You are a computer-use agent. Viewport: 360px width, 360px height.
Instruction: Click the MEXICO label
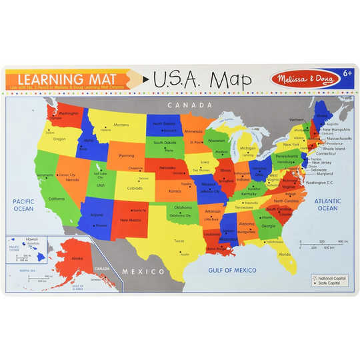tap(144, 271)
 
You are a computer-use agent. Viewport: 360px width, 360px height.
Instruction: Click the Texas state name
tap(179, 241)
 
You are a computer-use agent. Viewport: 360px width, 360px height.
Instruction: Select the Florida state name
tap(285, 254)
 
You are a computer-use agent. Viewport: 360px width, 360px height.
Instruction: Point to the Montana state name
tap(121, 125)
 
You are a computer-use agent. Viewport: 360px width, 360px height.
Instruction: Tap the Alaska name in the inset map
tap(77, 258)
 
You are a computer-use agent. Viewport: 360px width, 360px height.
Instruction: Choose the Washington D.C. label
tap(319, 183)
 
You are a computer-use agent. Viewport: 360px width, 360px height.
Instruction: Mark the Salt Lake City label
tap(99, 175)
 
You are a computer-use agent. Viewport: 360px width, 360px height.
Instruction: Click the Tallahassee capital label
tap(275, 242)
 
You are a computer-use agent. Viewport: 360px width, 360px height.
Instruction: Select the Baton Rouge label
tap(217, 249)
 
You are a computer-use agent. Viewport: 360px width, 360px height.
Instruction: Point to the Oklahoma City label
tap(180, 215)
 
